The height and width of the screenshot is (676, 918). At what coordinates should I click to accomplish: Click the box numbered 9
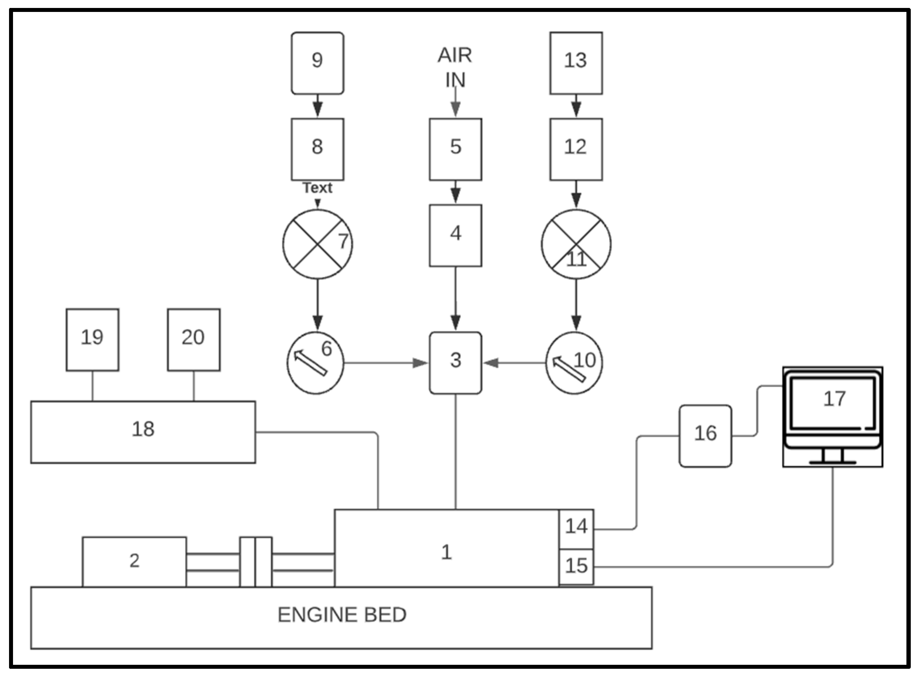(x=317, y=63)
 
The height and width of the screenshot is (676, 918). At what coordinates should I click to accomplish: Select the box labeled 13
(x=576, y=63)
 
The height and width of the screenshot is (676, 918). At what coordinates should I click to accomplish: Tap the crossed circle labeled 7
(x=317, y=244)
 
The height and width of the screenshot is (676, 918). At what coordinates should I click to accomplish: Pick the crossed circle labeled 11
(x=576, y=244)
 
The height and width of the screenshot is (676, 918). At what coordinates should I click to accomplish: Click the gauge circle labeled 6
(x=315, y=363)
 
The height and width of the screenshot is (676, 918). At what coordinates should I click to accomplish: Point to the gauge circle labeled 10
(x=574, y=363)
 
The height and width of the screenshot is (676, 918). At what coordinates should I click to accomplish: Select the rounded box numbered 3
(x=455, y=363)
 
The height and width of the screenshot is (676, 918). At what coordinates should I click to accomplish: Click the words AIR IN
(x=455, y=68)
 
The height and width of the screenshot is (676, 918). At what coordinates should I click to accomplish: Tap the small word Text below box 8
(x=317, y=188)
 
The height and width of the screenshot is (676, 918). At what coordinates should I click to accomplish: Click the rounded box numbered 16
(x=705, y=436)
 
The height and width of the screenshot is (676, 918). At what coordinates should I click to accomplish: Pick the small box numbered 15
(x=576, y=567)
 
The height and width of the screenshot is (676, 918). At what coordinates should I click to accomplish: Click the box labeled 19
(x=93, y=340)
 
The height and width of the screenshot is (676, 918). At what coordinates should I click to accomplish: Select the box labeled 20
(x=193, y=340)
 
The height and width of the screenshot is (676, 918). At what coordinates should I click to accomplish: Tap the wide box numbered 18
(x=143, y=432)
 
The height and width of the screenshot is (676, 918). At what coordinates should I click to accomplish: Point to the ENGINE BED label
(x=342, y=615)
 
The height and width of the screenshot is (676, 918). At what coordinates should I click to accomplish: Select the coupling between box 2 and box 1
(x=255, y=562)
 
